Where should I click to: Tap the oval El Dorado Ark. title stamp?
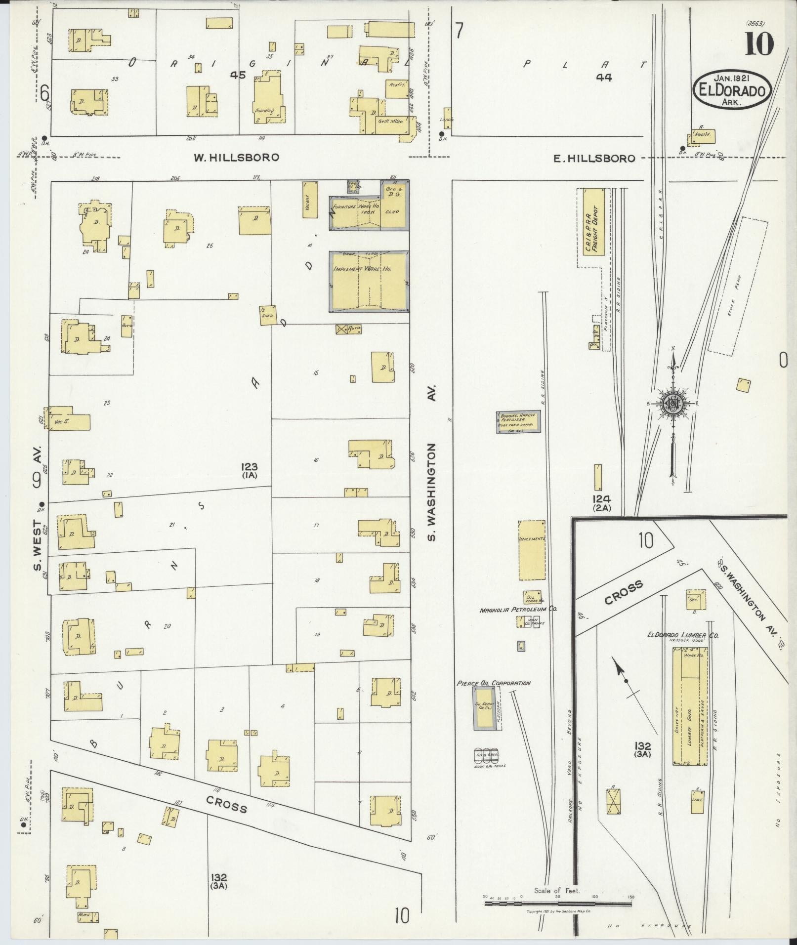coord(732,90)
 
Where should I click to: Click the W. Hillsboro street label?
coord(236,158)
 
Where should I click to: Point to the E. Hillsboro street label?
coord(593,159)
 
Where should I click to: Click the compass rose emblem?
coord(672,404)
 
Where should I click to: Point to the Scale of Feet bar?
coord(557,904)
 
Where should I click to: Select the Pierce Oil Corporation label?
coord(494,683)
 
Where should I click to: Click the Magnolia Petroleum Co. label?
coord(518,610)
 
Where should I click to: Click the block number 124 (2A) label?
coord(602,502)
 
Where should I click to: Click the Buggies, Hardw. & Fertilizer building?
coord(518,423)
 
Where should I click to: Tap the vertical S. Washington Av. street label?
coord(432,492)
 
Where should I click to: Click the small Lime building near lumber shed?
coord(697,802)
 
